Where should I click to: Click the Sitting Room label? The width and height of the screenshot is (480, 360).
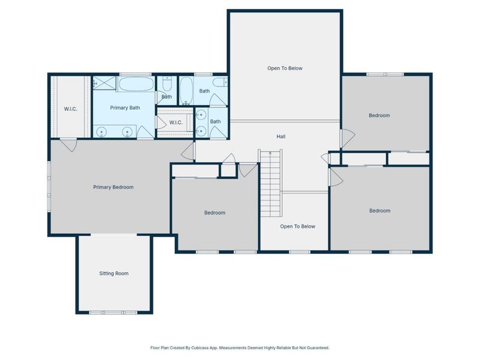(114, 274)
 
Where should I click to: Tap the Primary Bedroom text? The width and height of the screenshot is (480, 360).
(113, 187)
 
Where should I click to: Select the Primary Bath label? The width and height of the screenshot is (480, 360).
(125, 108)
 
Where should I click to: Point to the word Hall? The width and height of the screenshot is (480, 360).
(281, 137)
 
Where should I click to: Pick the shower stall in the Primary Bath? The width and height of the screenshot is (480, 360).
(104, 83)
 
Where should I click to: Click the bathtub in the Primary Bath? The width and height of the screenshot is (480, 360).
(136, 84)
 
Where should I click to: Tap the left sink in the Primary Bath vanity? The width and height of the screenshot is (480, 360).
(101, 132)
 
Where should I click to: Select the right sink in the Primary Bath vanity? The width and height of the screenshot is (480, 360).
(127, 132)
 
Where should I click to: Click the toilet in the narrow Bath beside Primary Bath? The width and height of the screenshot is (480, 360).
(167, 83)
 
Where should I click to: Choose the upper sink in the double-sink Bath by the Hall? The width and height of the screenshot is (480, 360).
(201, 115)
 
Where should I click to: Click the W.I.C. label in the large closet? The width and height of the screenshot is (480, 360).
(70, 109)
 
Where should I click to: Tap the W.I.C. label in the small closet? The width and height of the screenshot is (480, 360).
(176, 122)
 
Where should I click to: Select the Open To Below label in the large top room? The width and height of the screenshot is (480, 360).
(284, 68)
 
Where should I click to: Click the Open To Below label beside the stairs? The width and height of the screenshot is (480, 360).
(298, 227)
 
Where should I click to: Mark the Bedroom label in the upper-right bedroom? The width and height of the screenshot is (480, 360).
(379, 115)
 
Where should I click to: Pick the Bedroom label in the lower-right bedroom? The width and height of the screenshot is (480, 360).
(380, 211)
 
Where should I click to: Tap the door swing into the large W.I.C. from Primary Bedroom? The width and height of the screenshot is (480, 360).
(70, 146)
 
